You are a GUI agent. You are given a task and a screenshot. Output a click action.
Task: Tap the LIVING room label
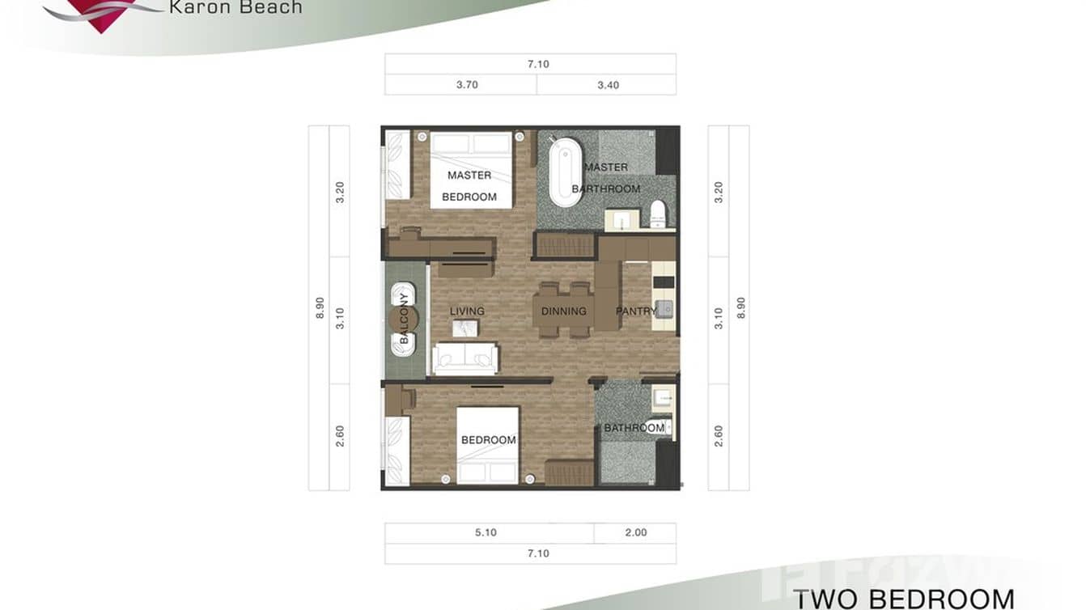click(x=467, y=311)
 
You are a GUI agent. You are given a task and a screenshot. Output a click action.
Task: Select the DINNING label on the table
click(x=563, y=311)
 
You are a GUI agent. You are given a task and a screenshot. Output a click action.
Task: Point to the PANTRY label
click(x=636, y=311)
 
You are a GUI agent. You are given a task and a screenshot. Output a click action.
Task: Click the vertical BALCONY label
click(x=404, y=319)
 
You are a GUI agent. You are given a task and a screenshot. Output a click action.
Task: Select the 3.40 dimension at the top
click(x=608, y=85)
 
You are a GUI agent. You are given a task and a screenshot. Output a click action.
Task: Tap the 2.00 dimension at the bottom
click(x=636, y=533)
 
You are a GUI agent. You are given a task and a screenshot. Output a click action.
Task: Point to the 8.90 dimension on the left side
click(x=320, y=307)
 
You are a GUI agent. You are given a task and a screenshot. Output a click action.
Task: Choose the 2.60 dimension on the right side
click(x=719, y=436)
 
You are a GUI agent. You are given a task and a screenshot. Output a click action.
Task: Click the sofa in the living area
click(x=465, y=358)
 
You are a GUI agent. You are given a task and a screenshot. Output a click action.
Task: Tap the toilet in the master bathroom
click(x=658, y=214)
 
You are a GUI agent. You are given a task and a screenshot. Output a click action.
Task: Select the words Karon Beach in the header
click(x=235, y=8)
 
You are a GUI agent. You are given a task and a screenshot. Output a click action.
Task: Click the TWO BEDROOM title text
click(x=903, y=599)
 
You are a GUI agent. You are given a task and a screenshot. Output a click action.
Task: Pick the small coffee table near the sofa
click(x=465, y=328)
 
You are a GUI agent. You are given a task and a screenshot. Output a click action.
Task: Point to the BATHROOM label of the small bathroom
click(x=634, y=428)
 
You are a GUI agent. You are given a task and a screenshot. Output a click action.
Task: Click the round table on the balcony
click(x=404, y=319)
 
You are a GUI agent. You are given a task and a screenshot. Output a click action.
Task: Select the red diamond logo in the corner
click(x=101, y=15)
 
